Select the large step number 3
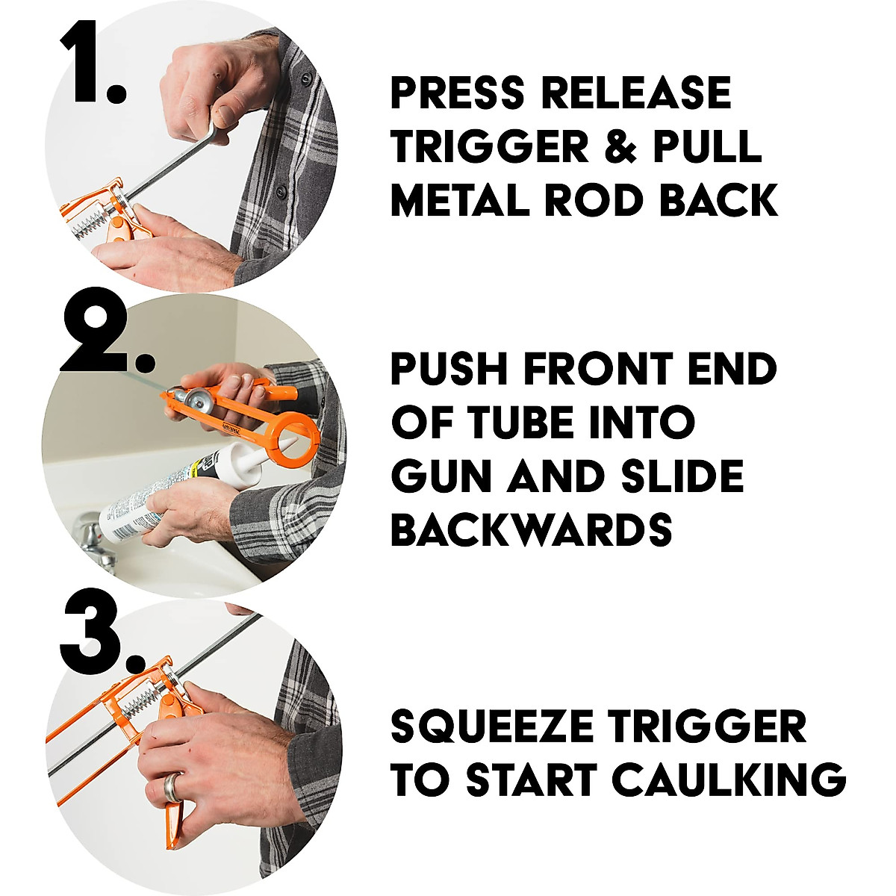click(101, 631)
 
